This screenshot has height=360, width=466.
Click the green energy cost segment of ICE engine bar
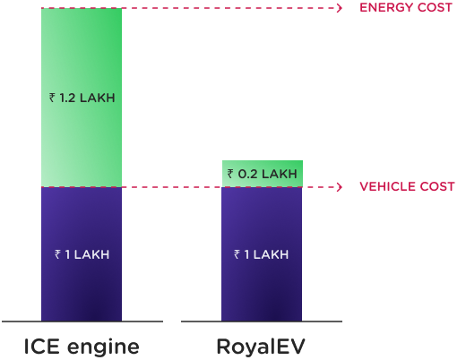pyautogui.click(x=82, y=98)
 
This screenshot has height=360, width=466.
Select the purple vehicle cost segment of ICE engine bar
pyautogui.click(x=82, y=254)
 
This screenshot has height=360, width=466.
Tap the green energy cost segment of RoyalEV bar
pyautogui.click(x=263, y=174)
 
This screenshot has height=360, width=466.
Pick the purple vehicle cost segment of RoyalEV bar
pyautogui.click(x=262, y=254)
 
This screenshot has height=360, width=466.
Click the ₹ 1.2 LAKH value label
pyautogui.click(x=82, y=98)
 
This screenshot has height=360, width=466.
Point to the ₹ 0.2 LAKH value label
pyautogui.click(x=263, y=174)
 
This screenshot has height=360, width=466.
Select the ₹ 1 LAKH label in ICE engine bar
pyautogui.click(x=82, y=254)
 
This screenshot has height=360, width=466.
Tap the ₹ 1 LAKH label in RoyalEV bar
pyautogui.click(x=261, y=254)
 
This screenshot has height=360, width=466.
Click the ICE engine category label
pyautogui.click(x=82, y=347)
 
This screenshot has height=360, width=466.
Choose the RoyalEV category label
pyautogui.click(x=261, y=347)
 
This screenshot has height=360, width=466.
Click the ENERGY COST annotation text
pyautogui.click(x=406, y=7)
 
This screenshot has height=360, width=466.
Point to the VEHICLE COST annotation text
pyautogui.click(x=407, y=186)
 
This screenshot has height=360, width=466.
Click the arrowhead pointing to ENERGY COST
pyautogui.click(x=340, y=8)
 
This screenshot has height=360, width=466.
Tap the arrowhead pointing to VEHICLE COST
pyautogui.click(x=340, y=187)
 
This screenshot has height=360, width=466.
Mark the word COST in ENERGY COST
pyautogui.click(x=435, y=7)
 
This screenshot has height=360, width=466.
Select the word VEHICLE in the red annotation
pyautogui.click(x=387, y=186)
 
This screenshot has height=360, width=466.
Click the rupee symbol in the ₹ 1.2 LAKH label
pyautogui.click(x=52, y=98)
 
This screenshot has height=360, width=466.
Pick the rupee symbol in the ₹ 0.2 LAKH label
pyautogui.click(x=230, y=174)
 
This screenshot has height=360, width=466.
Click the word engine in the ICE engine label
pyautogui.click(x=103, y=348)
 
